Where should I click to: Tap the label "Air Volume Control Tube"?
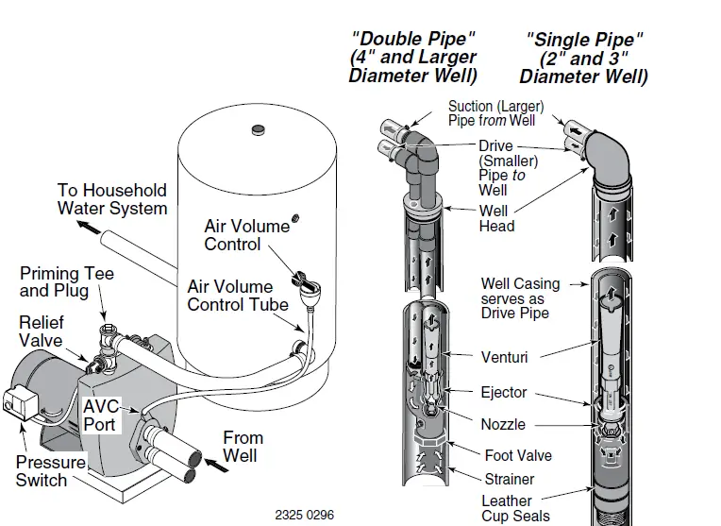coord(230,295)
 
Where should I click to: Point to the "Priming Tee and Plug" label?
coord(67,282)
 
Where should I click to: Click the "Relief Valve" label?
coord(41,331)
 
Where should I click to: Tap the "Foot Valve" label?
coord(518,455)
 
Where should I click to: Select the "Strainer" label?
coord(510,479)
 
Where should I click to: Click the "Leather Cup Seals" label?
coord(515,508)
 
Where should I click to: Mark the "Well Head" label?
coord(496,218)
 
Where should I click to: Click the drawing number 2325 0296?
coord(304,516)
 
